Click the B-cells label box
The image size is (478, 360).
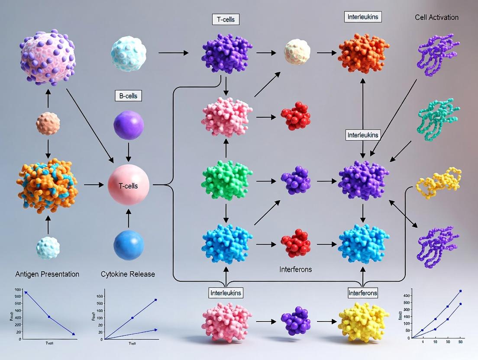128,96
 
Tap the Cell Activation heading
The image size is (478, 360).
436,17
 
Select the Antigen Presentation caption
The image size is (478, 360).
47,274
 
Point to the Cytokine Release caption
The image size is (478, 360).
128,274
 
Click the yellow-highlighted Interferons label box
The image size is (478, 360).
363,293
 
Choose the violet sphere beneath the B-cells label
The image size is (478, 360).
128,125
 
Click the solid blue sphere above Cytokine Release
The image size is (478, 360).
128,245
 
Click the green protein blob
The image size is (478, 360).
226,180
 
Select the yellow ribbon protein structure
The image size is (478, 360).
438,183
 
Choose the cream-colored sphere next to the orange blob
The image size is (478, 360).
297,52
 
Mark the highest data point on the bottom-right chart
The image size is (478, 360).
460,291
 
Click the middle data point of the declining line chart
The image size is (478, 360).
49,317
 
